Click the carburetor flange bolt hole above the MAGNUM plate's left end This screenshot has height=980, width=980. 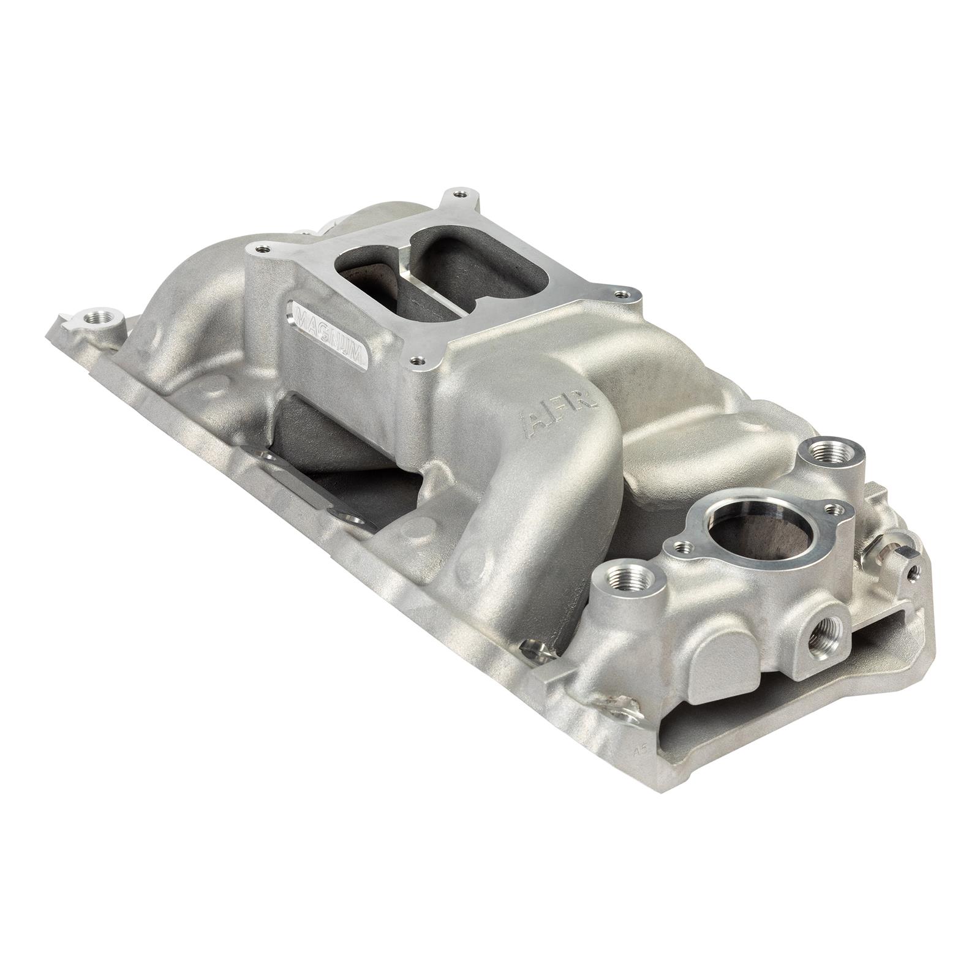(x=263, y=249)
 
